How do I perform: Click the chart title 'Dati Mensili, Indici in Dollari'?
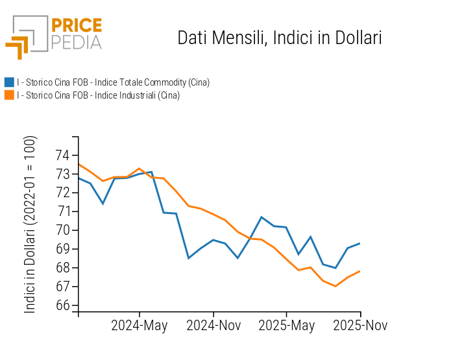coord(279,38)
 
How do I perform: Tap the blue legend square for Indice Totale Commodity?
coord(9,82)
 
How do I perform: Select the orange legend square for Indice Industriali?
coord(9,95)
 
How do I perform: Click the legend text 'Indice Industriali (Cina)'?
coord(98,95)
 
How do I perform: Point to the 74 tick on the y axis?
coord(63,155)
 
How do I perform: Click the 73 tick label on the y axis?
coord(63,174)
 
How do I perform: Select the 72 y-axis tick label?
coord(63,193)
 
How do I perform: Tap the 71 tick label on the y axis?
coord(63,211)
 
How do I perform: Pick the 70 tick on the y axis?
coord(63,230)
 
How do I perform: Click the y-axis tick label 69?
coord(63,249)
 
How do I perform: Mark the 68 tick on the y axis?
coord(63,268)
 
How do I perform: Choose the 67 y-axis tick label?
coord(63,287)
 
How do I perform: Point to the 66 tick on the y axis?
coord(63,306)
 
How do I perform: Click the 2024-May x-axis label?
coord(139,326)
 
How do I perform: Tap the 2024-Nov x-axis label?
coord(213,326)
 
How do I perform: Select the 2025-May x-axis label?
coord(287,326)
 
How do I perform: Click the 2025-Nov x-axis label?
coord(360,326)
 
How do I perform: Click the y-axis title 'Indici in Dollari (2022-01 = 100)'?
coord(30,224)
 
